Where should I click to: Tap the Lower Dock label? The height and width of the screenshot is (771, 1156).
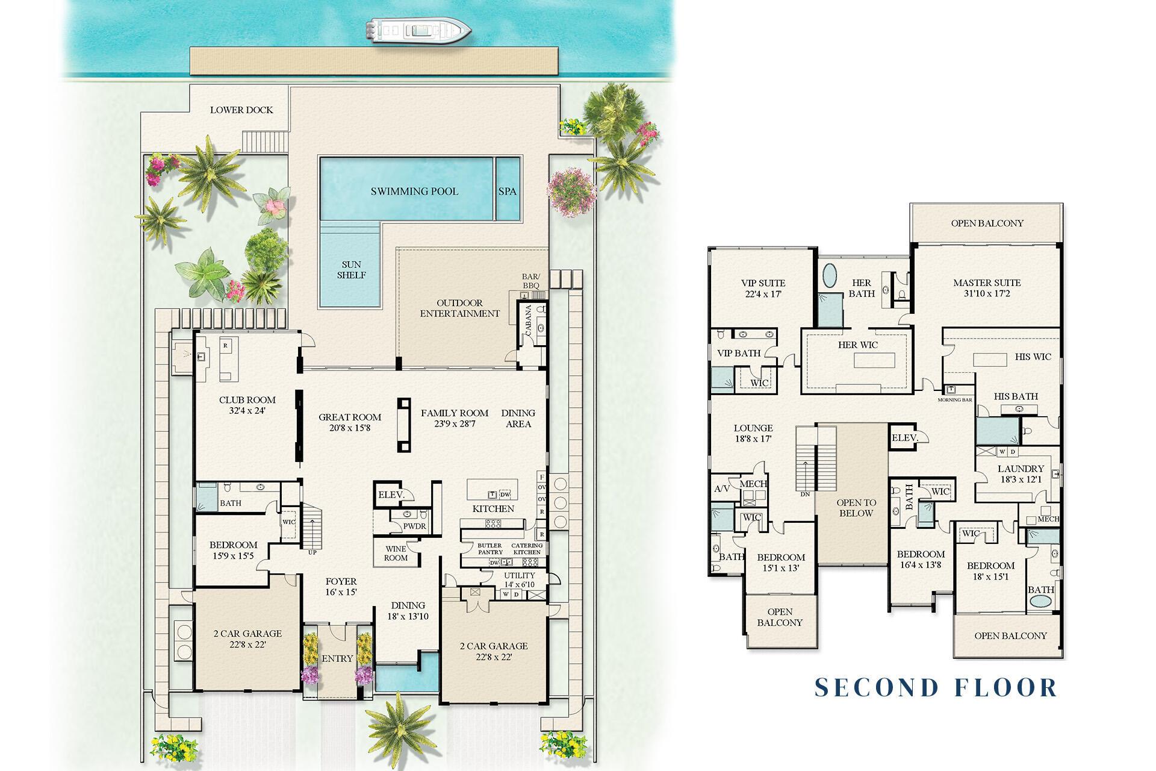tap(241, 110)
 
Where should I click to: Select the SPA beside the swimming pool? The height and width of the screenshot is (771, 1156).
tap(507, 192)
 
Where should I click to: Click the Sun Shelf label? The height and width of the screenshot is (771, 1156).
tap(352, 270)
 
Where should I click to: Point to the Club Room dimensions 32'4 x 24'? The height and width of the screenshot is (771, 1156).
tap(247, 411)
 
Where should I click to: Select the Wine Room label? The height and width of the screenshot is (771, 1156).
tap(396, 553)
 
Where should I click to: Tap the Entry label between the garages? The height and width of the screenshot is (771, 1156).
tap(337, 658)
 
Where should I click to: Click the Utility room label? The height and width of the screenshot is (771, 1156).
tap(520, 575)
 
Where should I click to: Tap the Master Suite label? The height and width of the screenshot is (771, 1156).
tap(987, 282)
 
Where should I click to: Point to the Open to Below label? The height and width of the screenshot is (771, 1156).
tap(856, 508)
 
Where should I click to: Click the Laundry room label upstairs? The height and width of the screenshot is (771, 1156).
tap(1021, 469)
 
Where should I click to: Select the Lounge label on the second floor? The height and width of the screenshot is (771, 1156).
tap(753, 429)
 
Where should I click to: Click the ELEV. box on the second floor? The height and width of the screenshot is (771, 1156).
tap(904, 438)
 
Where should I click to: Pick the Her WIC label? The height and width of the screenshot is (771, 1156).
tap(858, 345)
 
